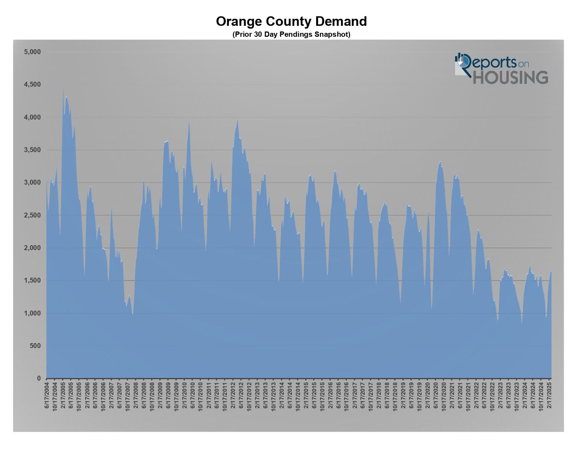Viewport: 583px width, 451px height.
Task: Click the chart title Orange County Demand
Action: click(291, 22)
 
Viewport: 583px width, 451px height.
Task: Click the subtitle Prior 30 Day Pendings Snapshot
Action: click(291, 34)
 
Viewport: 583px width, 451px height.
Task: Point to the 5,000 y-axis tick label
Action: click(33, 52)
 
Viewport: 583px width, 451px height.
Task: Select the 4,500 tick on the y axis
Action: click(33, 85)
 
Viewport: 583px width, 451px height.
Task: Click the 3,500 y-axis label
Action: click(33, 150)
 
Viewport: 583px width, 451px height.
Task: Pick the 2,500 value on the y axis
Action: click(33, 215)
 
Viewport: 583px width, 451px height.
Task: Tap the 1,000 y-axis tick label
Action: click(33, 313)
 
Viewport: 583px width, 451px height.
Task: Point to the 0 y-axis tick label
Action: click(39, 378)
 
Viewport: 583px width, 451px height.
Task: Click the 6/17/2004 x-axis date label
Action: click(47, 395)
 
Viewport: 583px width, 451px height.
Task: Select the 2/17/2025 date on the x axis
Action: click(549, 395)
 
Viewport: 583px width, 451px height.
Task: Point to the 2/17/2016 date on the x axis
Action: click(331, 395)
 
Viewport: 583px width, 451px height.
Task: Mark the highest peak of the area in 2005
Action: click(63, 85)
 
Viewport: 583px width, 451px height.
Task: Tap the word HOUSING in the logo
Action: click(510, 77)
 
